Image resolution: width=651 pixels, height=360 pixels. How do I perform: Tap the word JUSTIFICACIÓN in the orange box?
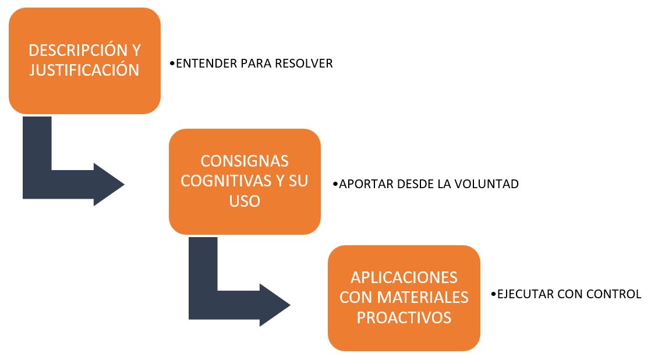[84, 70]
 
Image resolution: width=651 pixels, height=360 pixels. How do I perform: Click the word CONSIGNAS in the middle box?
[245, 161]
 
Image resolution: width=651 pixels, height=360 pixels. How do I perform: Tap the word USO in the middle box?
[245, 201]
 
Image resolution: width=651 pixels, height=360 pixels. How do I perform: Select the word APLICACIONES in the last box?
[404, 277]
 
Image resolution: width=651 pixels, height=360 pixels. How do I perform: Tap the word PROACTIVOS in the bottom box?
[404, 317]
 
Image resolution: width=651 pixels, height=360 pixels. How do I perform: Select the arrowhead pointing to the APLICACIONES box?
[275, 305]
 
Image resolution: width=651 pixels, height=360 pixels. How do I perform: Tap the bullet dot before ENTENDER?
[172, 63]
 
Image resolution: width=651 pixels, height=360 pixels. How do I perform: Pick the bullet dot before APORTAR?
[335, 184]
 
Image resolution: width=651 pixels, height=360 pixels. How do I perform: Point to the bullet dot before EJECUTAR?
[494, 294]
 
